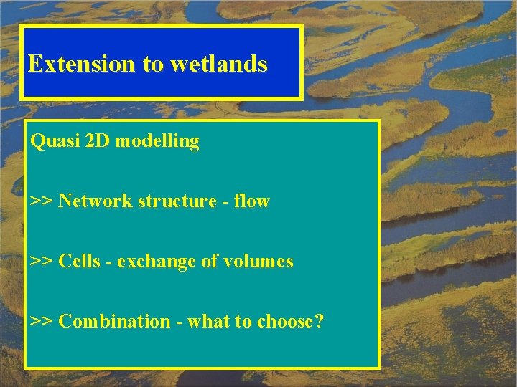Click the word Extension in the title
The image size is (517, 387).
coord(81,64)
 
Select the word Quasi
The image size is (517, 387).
coord(51,141)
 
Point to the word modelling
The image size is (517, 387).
coord(157,142)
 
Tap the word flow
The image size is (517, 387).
coord(251,201)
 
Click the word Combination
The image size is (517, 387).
coord(114,322)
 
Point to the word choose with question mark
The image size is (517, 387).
coord(285,322)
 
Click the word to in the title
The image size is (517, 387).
coord(152,64)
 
